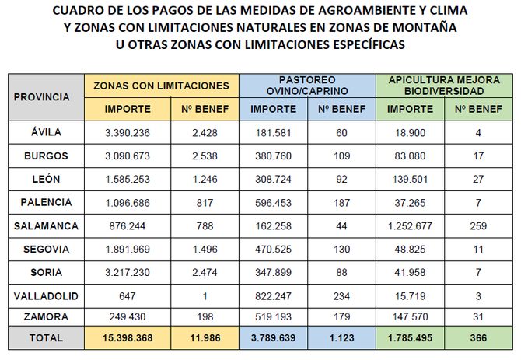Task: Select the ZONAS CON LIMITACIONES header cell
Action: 161,86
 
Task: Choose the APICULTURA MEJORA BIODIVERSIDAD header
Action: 444,86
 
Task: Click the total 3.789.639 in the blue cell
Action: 273,338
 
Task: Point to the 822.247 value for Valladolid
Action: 273,296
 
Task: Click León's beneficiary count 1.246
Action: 208,179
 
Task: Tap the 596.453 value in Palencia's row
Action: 273,202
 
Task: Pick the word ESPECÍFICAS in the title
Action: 362,44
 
